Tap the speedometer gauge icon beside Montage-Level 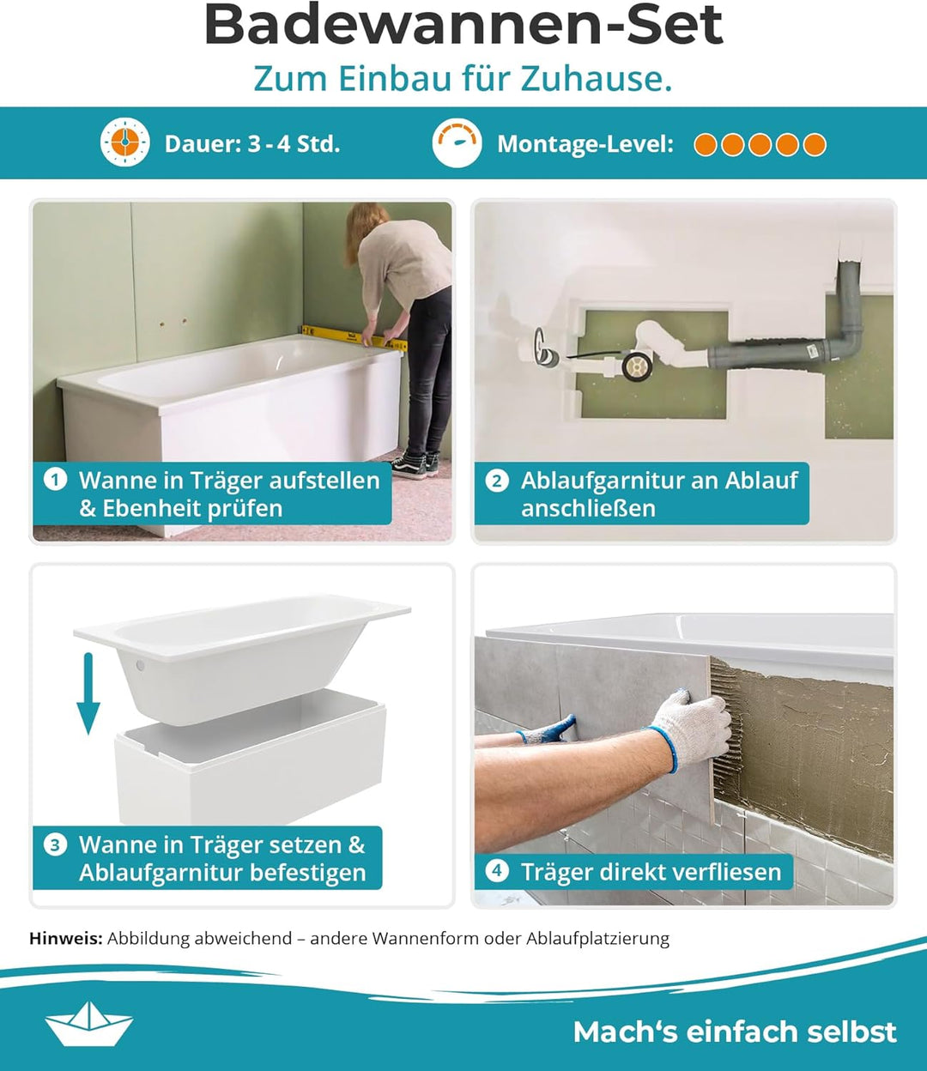pyautogui.click(x=457, y=142)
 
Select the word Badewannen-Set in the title pyautogui.click(x=463, y=24)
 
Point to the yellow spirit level pyautogui.click(x=354, y=337)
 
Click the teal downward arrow pyautogui.click(x=88, y=693)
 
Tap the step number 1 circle pyautogui.click(x=56, y=480)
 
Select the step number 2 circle pyautogui.click(x=497, y=481)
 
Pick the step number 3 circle pyautogui.click(x=56, y=845)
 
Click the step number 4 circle pyautogui.click(x=497, y=871)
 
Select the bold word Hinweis pyautogui.click(x=66, y=938)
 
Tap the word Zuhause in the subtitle pyautogui.click(x=596, y=78)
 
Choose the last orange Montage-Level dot pyautogui.click(x=815, y=144)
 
